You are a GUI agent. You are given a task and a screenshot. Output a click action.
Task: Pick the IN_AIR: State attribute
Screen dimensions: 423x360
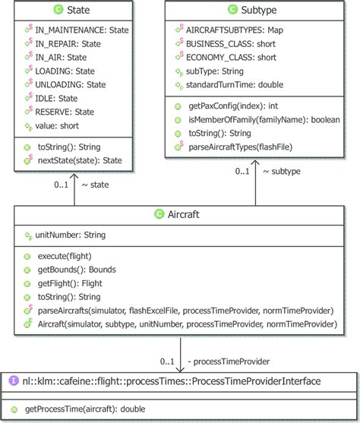61,57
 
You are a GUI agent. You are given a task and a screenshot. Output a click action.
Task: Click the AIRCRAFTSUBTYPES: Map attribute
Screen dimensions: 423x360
234,30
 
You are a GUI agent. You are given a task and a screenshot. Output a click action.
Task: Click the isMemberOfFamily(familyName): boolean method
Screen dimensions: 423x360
263,120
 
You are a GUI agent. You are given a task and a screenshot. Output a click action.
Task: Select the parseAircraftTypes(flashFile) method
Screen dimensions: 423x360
243,147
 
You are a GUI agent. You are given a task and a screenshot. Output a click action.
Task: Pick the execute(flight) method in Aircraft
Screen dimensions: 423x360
68,256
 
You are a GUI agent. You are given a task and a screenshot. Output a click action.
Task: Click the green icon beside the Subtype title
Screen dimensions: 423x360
232,11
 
